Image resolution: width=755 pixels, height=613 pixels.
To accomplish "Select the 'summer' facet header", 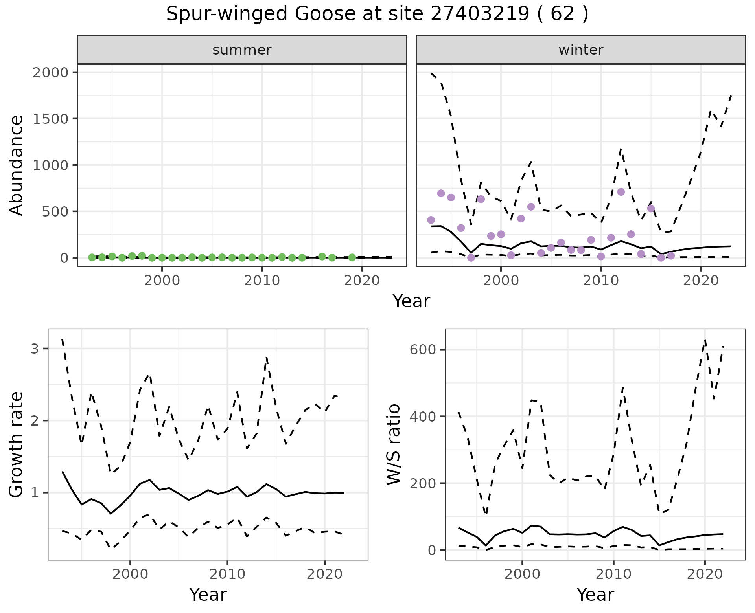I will [242, 50].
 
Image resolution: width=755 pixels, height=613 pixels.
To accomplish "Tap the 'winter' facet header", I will [581, 50].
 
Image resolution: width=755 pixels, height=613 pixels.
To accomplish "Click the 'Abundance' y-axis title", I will [17, 165].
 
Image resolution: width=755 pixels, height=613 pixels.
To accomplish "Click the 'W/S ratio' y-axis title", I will [393, 444].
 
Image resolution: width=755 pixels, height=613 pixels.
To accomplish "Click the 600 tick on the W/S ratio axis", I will [422, 350].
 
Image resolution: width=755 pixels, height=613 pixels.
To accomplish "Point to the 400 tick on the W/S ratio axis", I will [422, 417].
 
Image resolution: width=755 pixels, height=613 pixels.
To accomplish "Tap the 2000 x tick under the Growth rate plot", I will [130, 574].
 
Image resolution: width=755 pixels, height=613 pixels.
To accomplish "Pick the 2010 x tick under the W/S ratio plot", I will [613, 574].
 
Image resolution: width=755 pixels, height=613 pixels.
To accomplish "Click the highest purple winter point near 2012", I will [621, 192].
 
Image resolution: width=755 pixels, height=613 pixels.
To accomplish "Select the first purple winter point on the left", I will [431, 220].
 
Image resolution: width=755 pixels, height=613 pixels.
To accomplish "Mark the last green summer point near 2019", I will [352, 257].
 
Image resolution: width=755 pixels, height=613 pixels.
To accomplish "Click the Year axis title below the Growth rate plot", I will [208, 595].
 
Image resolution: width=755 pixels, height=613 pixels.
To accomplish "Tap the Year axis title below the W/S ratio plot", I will [595, 595].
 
